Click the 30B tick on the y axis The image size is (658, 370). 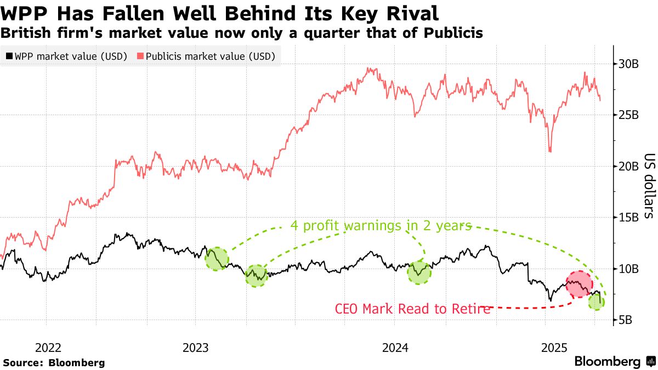coord(628,64)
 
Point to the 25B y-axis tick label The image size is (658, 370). coord(628,115)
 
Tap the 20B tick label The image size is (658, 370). coord(628,167)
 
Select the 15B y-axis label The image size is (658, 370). coord(628,218)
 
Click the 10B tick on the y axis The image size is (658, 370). coord(628,269)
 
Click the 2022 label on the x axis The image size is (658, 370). coord(48,347)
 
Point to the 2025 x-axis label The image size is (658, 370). coord(554,347)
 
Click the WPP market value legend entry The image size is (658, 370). coord(66,56)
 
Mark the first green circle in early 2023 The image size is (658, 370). coord(217,258)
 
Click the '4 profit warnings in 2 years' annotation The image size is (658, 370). coord(381,226)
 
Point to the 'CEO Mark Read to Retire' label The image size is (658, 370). coord(412,309)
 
